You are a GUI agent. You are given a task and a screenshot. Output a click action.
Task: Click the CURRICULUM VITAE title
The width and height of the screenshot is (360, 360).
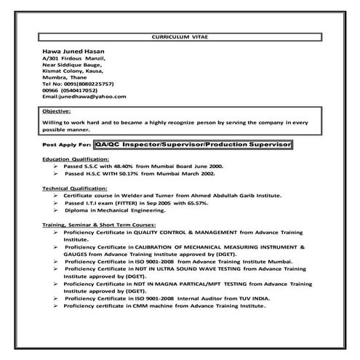point(180,35)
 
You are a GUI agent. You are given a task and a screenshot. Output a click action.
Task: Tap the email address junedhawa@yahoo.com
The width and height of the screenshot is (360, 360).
point(84,97)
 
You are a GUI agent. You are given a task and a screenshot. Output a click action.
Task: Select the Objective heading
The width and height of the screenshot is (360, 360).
point(57,111)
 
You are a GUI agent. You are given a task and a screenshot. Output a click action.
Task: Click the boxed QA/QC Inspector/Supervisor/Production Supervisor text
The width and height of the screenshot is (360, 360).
point(193,145)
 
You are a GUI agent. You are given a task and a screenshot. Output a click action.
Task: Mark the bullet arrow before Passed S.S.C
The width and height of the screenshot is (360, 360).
point(56,166)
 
